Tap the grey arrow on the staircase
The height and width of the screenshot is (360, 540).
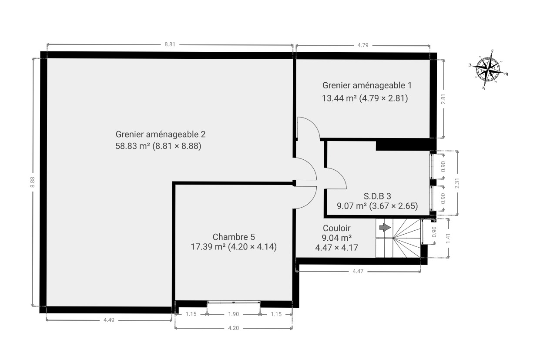[x=385, y=227]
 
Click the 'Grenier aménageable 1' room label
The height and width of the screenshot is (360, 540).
[x=367, y=85]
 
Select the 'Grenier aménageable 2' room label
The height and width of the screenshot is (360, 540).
[x=161, y=135]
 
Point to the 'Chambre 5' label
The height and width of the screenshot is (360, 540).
[x=234, y=237]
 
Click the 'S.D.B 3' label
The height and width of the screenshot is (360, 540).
[x=377, y=196]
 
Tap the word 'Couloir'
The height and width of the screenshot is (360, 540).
[x=336, y=228]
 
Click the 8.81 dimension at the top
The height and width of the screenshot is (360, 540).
[x=170, y=44]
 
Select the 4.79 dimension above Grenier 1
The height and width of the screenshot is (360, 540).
[x=363, y=45]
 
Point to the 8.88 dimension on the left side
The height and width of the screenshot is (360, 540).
[x=33, y=182]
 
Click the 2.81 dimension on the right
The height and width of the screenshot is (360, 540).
[x=443, y=99]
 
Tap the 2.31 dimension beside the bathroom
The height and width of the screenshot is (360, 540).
[x=457, y=183]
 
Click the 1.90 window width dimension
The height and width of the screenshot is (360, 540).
[x=233, y=314]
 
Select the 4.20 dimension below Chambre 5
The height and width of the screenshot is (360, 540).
[x=233, y=328]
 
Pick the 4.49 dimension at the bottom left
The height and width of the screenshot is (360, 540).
[x=109, y=320]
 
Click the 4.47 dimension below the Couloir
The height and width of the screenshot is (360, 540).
[x=358, y=271]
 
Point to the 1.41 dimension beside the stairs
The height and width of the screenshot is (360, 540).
[x=448, y=238]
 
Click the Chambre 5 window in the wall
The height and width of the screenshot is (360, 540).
[x=234, y=302]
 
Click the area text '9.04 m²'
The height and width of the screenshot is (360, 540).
[x=336, y=238]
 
